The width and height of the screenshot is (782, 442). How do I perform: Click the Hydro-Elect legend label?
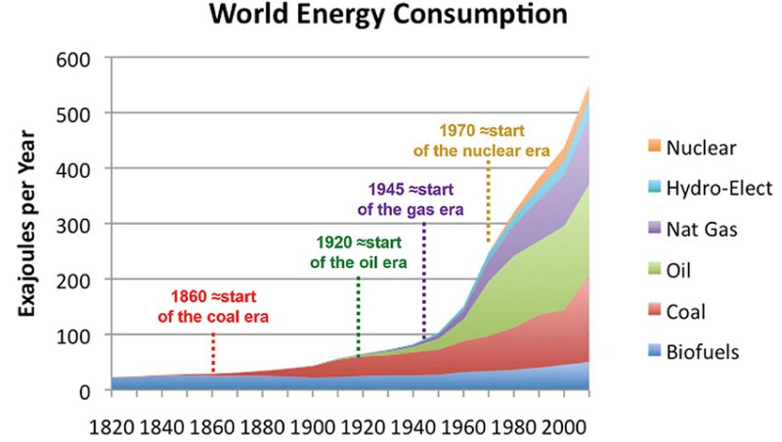[x=719, y=189]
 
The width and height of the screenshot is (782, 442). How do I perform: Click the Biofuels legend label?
[x=704, y=353]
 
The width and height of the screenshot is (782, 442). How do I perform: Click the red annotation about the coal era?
[x=213, y=306]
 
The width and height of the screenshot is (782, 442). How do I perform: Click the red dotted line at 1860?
[x=213, y=352]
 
